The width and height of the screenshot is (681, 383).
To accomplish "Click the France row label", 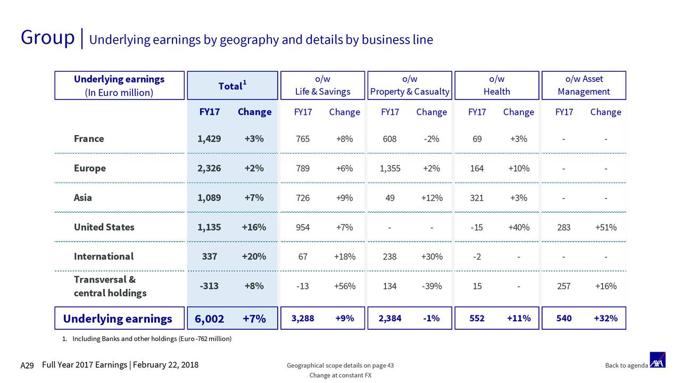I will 89,139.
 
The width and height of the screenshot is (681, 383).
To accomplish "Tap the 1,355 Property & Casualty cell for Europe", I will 390,168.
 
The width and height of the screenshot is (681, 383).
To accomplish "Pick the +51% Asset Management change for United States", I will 605,227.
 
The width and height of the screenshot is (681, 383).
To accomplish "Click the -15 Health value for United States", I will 477,227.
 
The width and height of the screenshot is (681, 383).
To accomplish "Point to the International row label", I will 104,256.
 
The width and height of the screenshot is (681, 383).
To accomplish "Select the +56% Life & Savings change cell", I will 344,286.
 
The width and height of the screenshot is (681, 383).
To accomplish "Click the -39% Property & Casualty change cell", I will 431,286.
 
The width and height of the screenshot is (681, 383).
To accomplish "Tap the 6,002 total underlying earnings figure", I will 209,319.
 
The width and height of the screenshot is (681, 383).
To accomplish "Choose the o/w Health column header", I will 496,85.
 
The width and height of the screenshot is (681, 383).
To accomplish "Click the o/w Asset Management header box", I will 584,85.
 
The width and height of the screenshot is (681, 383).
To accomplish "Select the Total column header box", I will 231,86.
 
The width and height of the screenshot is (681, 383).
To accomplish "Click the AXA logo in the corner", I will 658,360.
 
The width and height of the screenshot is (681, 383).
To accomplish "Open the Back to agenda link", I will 626,365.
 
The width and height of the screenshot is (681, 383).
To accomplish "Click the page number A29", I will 27,365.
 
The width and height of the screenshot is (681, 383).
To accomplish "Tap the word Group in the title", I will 47,38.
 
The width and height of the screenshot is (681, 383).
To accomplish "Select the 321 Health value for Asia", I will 477,198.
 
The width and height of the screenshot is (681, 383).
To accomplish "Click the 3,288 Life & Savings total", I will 303,319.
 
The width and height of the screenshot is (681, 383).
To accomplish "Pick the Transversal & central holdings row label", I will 110,286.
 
